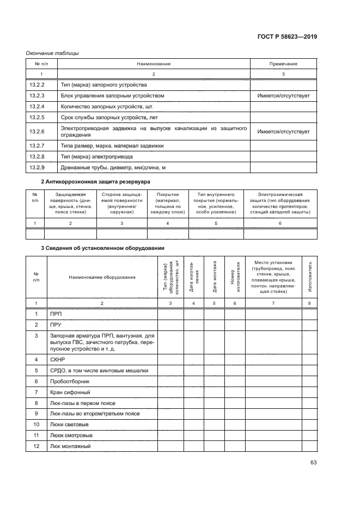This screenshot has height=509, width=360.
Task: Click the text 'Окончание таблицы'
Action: [x=53, y=53]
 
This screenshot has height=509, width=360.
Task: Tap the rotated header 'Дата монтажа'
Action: [x=214, y=277]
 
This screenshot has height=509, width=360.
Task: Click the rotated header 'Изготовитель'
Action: [x=310, y=277]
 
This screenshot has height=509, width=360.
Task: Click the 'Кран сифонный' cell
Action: [x=70, y=393]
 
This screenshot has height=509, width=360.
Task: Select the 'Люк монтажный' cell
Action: [x=70, y=446]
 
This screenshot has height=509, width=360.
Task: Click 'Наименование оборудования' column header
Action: [x=102, y=277]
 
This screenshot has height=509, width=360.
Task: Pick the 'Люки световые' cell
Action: [x=69, y=425]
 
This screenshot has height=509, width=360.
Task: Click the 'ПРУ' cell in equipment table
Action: [x=56, y=324]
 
